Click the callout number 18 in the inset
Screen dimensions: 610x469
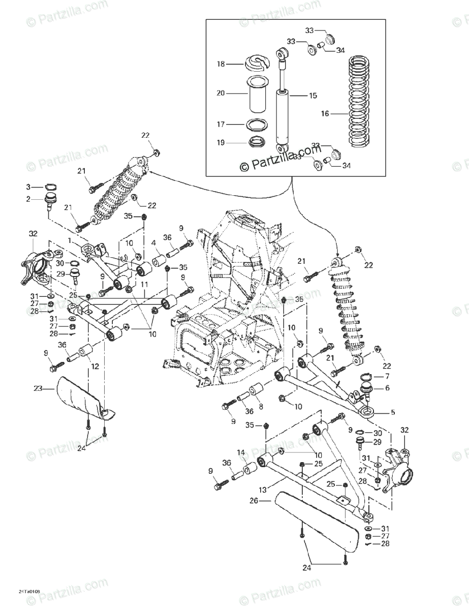tap(221, 65)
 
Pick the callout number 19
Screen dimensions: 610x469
tap(221, 143)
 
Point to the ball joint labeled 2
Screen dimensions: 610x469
tap(50, 200)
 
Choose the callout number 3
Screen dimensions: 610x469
tap(28, 187)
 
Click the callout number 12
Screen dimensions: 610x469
tap(95, 365)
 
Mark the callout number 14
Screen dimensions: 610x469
tap(240, 452)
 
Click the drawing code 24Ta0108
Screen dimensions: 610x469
tap(29, 592)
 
